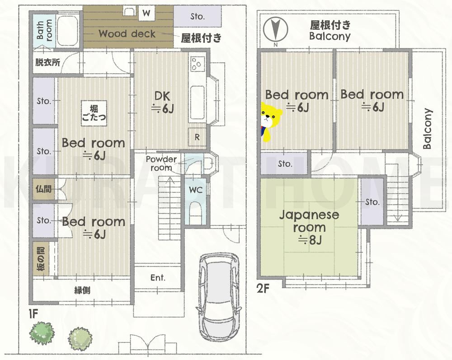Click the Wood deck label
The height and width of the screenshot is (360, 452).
127,33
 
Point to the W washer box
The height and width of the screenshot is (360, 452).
146,13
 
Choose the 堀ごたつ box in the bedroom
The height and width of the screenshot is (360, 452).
94,113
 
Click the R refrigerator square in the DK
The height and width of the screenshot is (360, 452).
197,137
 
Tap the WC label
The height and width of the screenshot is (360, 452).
196,190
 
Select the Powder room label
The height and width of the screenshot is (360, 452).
161,164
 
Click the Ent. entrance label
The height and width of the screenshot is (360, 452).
158,278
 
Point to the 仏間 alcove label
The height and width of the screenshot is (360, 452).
43,189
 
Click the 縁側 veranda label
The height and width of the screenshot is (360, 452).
82,290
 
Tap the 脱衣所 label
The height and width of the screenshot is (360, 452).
47,62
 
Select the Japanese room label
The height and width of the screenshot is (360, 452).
309,221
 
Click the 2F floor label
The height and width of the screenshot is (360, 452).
263,288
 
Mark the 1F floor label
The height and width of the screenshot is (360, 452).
33,313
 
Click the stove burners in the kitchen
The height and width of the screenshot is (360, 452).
198,64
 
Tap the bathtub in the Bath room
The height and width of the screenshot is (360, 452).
67,31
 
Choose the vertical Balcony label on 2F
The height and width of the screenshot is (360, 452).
428,129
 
